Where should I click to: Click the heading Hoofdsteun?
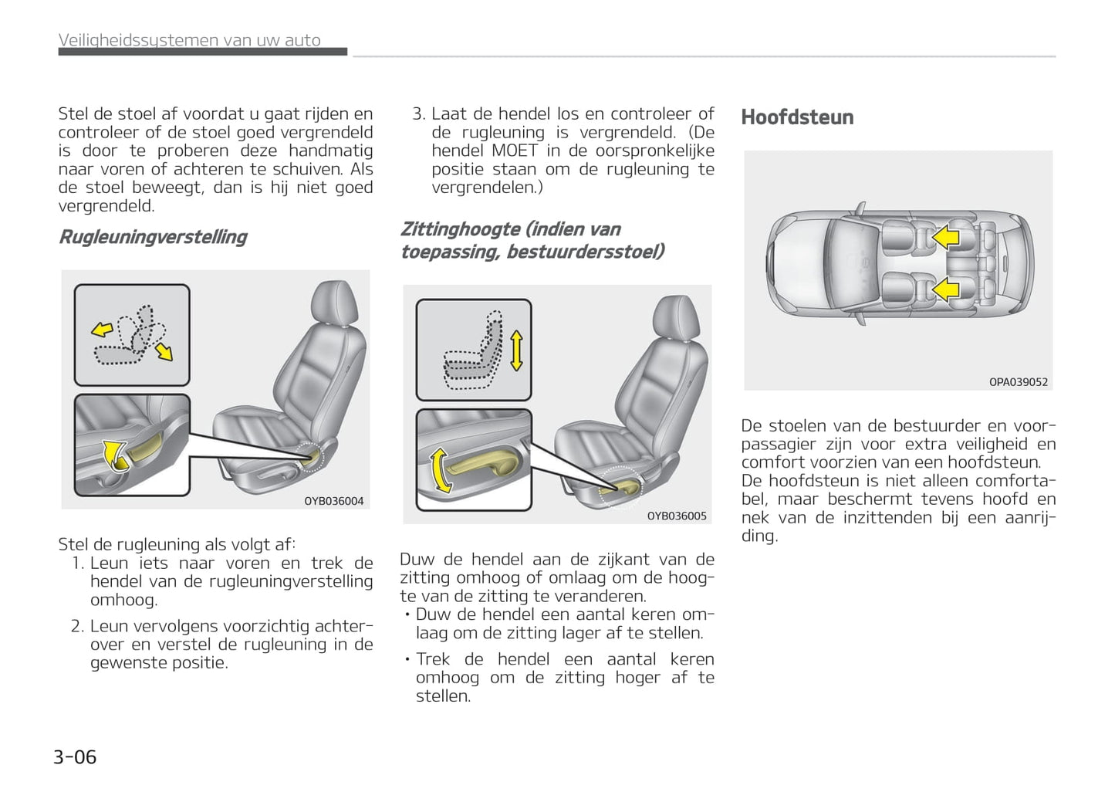(797, 117)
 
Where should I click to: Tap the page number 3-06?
(75, 756)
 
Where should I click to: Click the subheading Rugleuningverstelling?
(153, 237)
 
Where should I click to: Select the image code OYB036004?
(333, 501)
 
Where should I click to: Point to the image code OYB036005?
(676, 516)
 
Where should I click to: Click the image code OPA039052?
(1018, 382)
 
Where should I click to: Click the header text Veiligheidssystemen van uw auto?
(189, 40)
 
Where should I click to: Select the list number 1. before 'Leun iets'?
(77, 564)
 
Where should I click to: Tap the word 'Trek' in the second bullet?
(433, 659)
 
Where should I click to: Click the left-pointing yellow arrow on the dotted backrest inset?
(102, 330)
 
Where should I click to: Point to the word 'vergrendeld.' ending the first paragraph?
(106, 206)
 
